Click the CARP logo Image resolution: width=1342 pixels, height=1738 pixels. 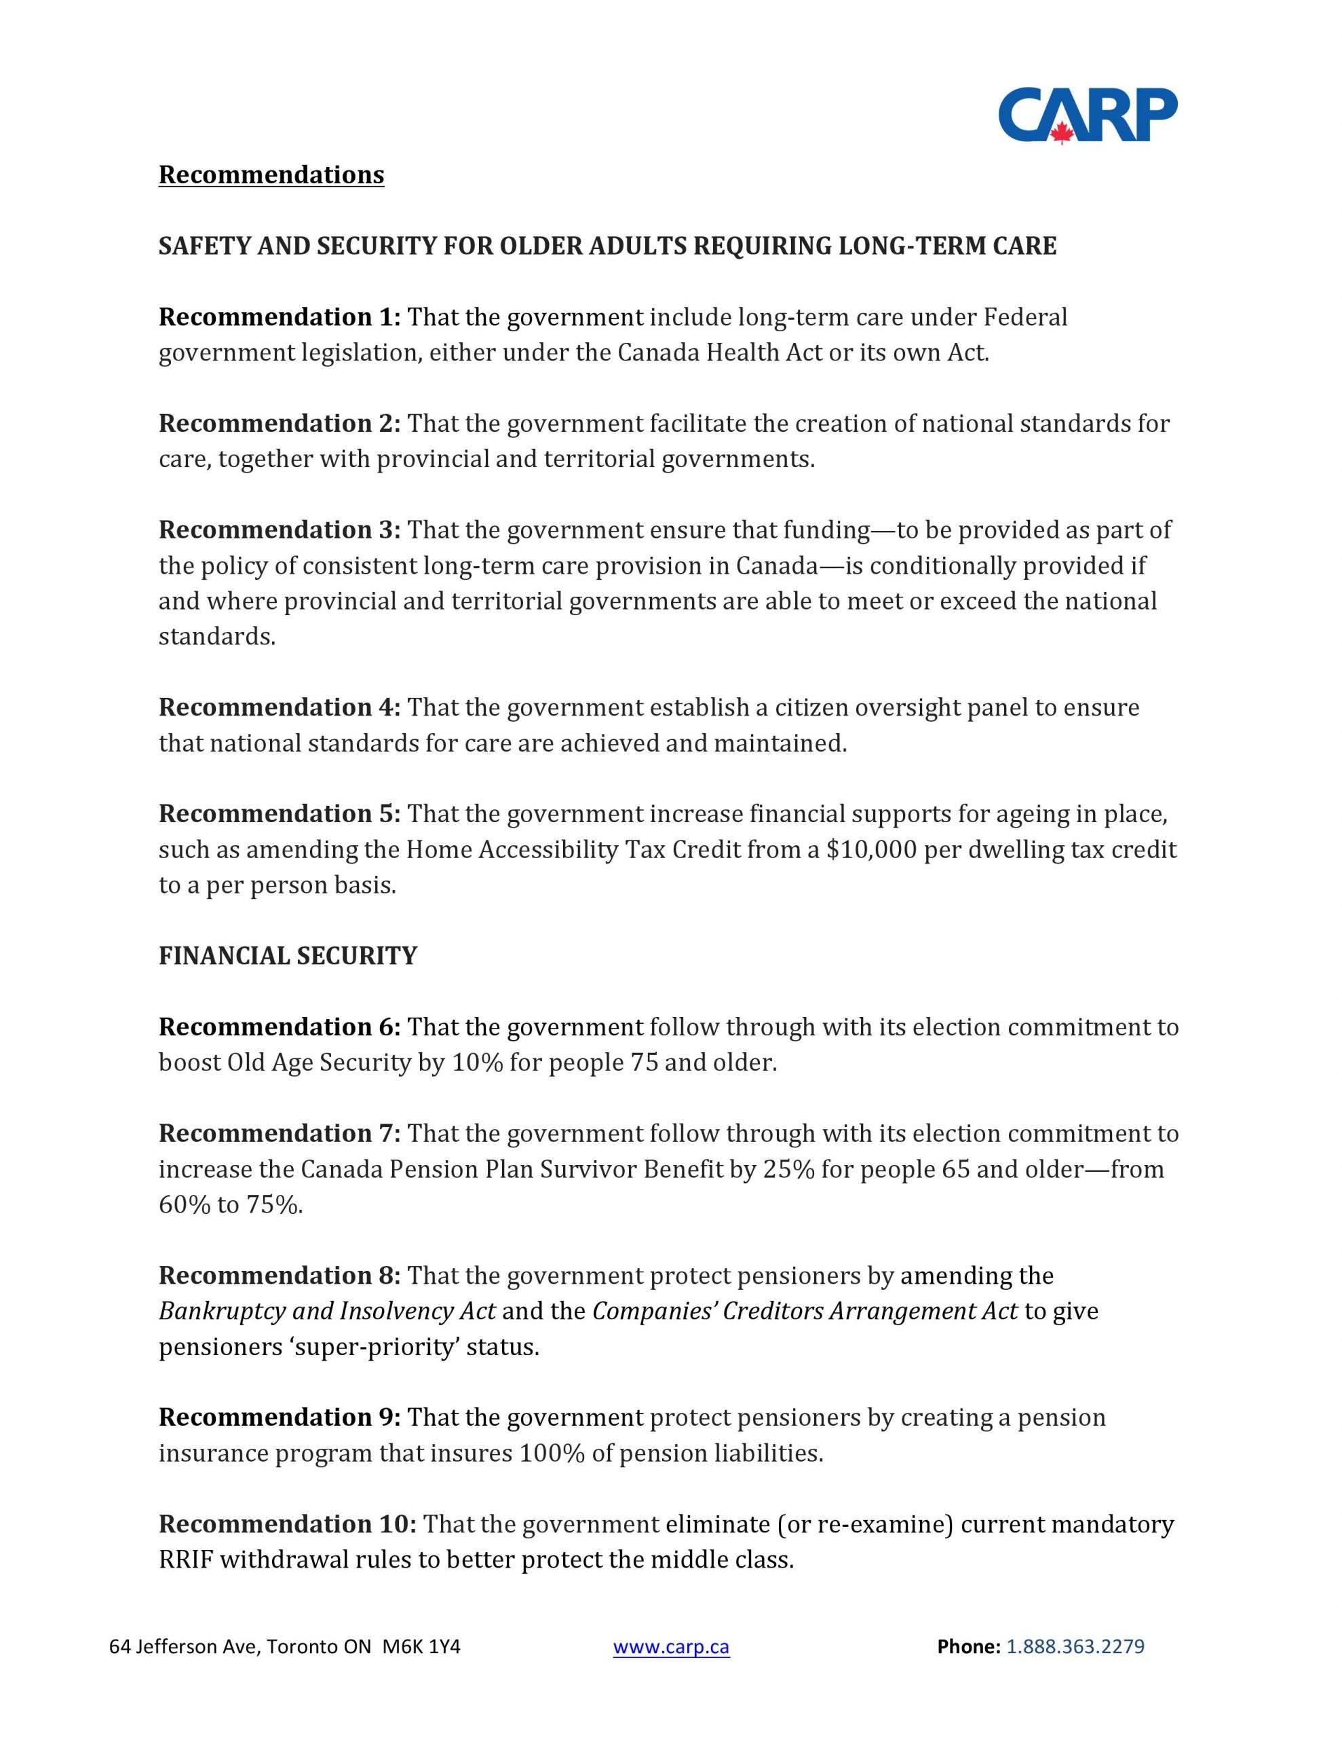point(1087,115)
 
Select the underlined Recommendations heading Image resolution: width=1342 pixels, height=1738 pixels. point(271,174)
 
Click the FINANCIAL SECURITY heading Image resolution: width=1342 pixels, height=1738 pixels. point(287,955)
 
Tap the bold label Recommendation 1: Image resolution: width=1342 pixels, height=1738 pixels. point(280,317)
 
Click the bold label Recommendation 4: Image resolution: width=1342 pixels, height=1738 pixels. point(280,707)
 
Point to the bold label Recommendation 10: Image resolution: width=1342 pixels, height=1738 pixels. point(287,1523)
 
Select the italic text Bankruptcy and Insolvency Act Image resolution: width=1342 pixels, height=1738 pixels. point(327,1311)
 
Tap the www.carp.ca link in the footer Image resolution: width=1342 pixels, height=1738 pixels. point(670,1646)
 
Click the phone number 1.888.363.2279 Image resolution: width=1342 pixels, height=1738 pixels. point(1075,1646)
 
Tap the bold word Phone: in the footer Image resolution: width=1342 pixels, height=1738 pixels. point(968,1646)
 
